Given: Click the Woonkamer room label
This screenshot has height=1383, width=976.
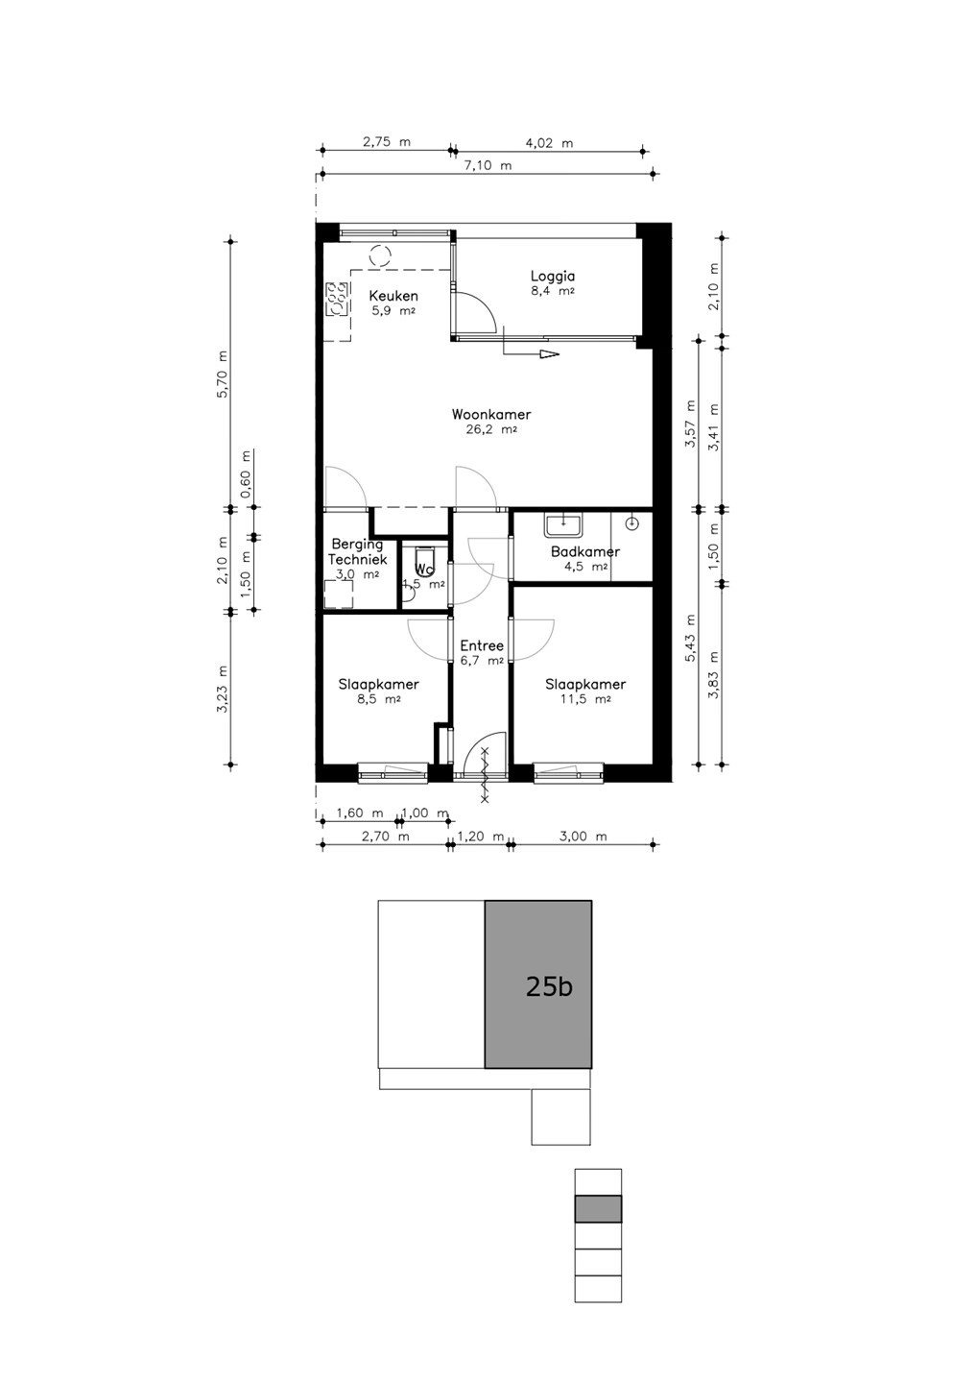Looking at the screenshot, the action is (x=491, y=414).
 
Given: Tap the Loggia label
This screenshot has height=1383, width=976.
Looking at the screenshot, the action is (x=553, y=277).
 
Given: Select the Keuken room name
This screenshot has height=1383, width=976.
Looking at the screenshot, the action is (x=393, y=297).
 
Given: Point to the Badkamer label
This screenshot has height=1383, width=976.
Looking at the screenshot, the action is (x=584, y=551).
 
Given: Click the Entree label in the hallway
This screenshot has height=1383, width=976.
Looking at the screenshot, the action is (x=482, y=645).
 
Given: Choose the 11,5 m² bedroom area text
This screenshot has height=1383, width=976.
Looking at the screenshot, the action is (x=585, y=699).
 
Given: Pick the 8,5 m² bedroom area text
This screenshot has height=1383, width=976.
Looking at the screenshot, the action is (x=379, y=699).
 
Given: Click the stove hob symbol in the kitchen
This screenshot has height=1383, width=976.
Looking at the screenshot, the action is (x=337, y=300).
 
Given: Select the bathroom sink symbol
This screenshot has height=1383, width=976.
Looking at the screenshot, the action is (x=563, y=524).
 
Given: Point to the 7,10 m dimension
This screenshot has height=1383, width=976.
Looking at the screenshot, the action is (x=488, y=165).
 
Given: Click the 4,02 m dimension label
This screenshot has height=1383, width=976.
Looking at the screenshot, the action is (x=549, y=143).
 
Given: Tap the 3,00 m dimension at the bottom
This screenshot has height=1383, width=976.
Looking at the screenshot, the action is (x=583, y=837).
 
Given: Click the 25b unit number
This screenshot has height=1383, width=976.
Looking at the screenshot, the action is (x=549, y=986).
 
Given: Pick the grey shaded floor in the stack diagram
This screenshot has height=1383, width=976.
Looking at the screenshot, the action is (x=598, y=1208).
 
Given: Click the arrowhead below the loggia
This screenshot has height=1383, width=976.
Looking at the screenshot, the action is (x=549, y=354).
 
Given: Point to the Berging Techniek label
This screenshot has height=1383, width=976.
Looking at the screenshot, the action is (x=357, y=552).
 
